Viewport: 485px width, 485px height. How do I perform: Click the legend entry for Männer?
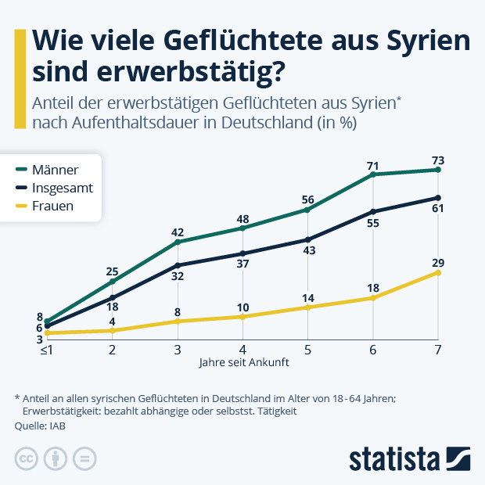(x=55, y=169)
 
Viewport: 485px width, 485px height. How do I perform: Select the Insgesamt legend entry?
(x=63, y=188)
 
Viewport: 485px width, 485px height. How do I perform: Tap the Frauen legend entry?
(x=53, y=207)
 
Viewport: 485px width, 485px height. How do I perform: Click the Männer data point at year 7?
(x=438, y=170)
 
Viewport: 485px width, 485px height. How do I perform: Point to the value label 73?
(x=438, y=160)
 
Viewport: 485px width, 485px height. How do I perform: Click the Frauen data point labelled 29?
(x=438, y=272)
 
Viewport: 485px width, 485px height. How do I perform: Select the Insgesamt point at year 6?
(x=373, y=211)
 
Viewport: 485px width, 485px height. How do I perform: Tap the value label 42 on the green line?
(x=178, y=232)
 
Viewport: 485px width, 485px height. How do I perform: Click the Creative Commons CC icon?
(x=27, y=458)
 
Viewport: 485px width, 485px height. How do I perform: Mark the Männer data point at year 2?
(x=113, y=282)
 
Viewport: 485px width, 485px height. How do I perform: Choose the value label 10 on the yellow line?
(x=242, y=307)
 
